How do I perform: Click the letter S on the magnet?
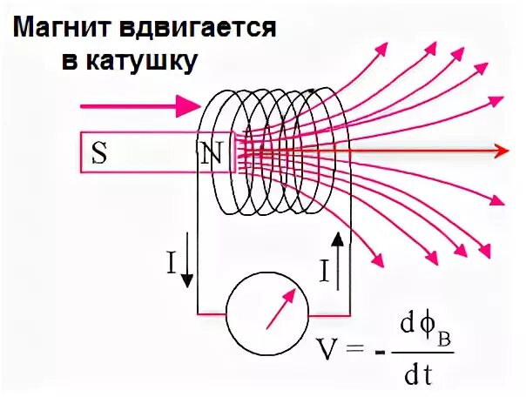pyautogui.click(x=99, y=154)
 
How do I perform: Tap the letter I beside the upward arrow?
pyautogui.click(x=324, y=273)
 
